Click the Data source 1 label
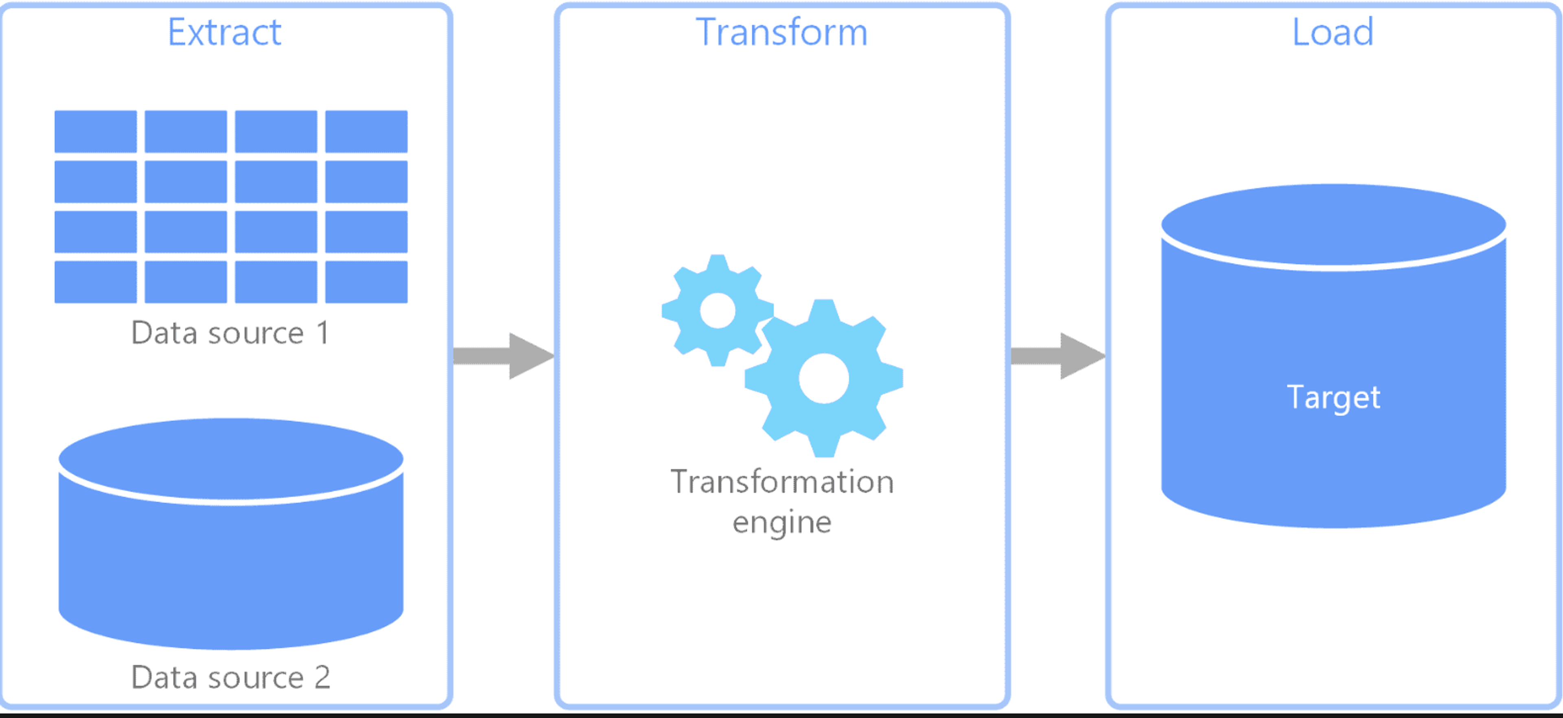pos(230,333)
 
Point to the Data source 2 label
pos(230,677)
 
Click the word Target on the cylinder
pos(1333,398)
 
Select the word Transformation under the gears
pos(782,482)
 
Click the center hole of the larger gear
pos(823,378)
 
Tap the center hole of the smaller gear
pos(718,310)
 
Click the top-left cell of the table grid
pos(95,131)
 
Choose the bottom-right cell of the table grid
pos(366,282)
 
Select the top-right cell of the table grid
pos(366,131)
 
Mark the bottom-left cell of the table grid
pos(95,282)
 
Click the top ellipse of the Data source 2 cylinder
pos(230,459)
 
